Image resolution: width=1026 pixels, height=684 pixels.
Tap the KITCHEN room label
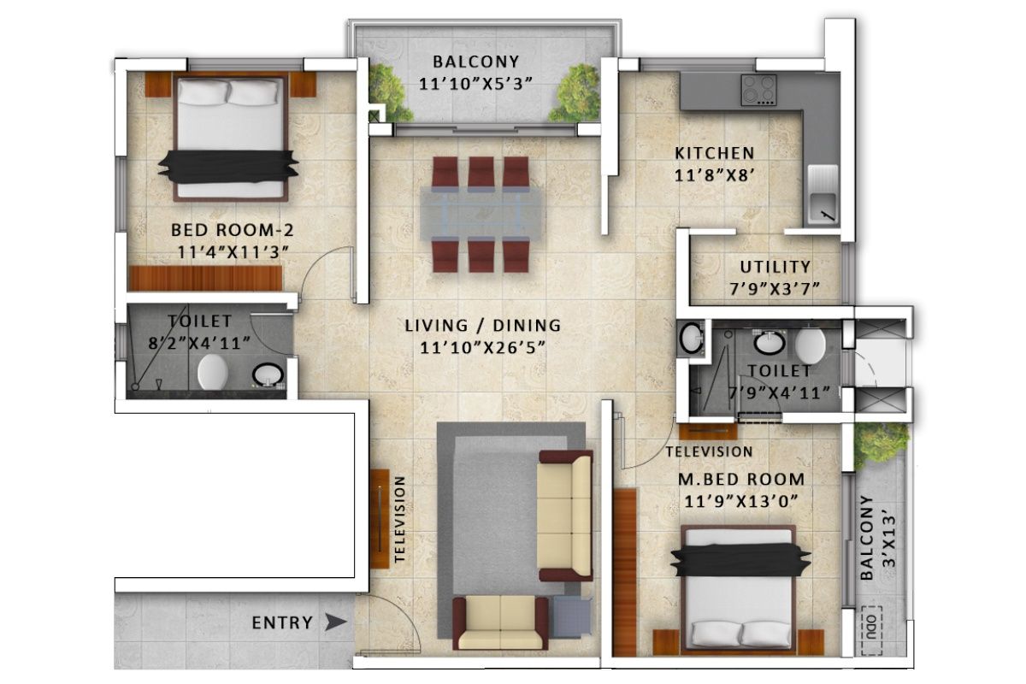(x=715, y=154)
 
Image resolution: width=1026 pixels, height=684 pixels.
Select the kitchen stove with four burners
(x=758, y=89)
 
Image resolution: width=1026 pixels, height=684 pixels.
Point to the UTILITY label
(x=775, y=268)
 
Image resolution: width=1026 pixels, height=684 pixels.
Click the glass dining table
(x=481, y=214)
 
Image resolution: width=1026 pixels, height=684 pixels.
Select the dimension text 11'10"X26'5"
(x=482, y=347)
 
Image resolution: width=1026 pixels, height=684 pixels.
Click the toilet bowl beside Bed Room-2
(x=212, y=373)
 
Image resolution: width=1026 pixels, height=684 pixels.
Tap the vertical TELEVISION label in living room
(x=399, y=520)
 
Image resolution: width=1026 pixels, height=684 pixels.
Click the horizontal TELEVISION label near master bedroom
(x=709, y=451)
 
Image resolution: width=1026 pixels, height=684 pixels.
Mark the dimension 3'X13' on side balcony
(x=891, y=539)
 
